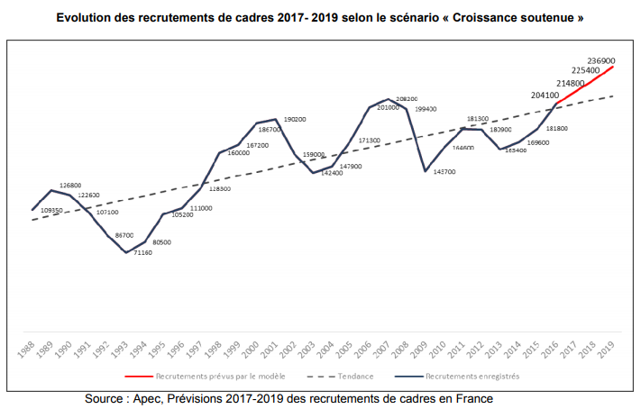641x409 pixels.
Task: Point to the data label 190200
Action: pos(295,120)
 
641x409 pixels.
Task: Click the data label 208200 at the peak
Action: pos(407,98)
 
